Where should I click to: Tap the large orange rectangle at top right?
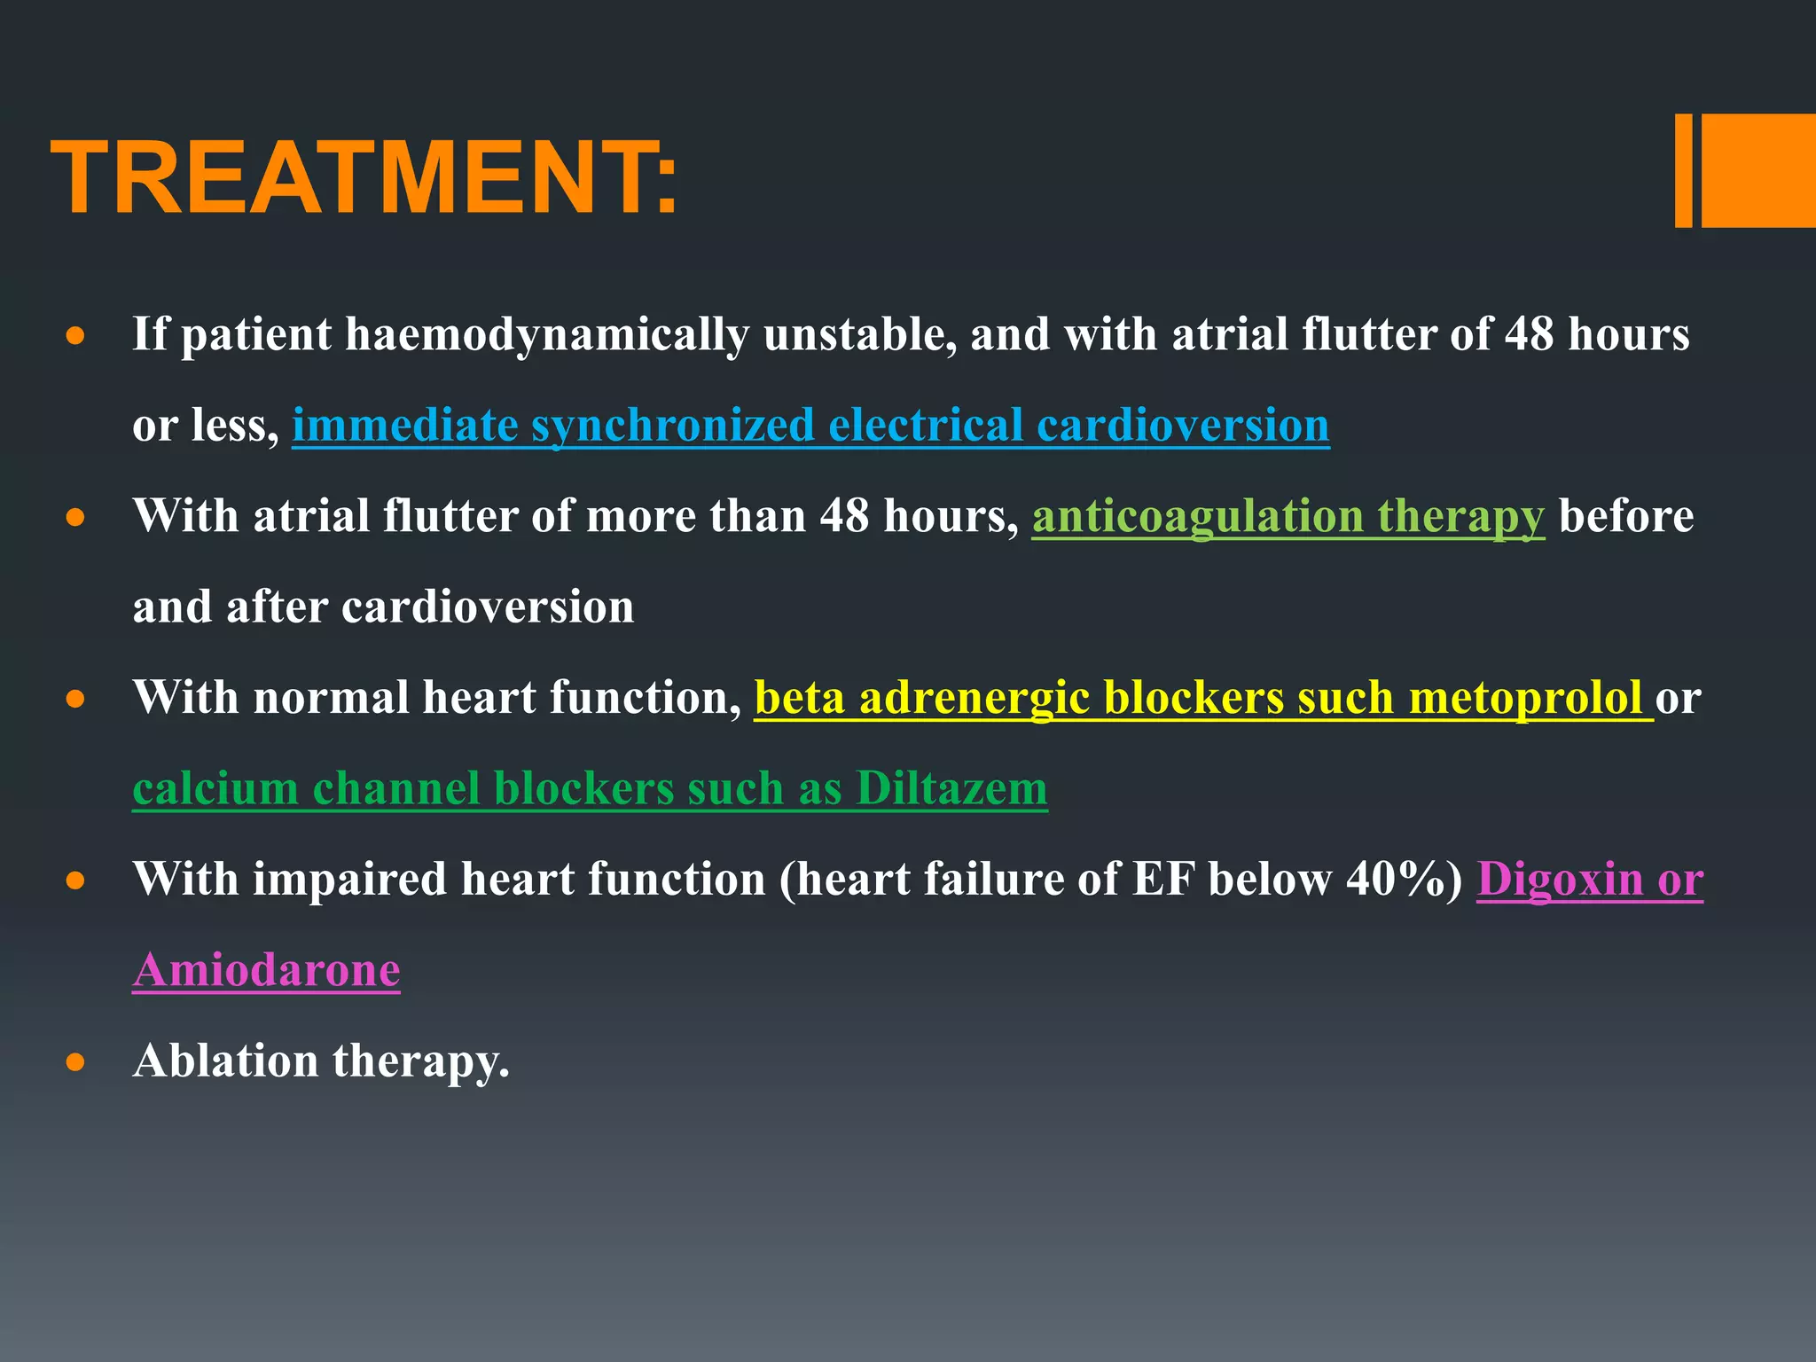pos(1757,170)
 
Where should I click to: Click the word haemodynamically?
pos(546,335)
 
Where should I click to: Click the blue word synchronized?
pos(672,426)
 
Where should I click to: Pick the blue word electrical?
pos(926,426)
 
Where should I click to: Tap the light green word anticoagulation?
pos(1197,516)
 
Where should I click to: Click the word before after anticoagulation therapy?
pos(1625,516)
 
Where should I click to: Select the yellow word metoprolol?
pos(1525,698)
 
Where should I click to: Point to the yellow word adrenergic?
pos(974,698)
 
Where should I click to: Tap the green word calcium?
pos(215,788)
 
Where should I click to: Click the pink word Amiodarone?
pos(266,970)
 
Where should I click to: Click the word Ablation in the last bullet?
pos(225,1061)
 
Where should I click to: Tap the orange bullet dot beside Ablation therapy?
pos(75,1061)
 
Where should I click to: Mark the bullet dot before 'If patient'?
pos(75,336)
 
